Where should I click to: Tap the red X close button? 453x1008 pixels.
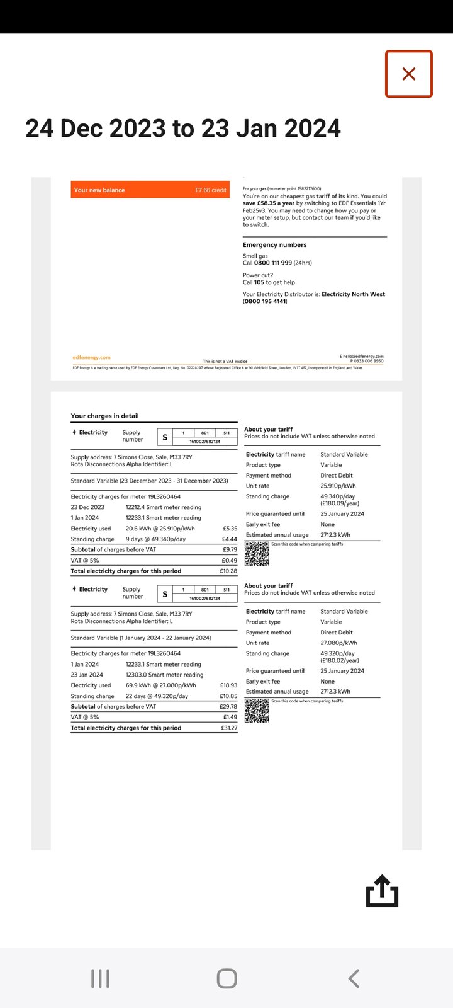[409, 74]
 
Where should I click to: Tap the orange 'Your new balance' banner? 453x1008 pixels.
[150, 190]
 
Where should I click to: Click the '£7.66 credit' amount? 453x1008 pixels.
[211, 190]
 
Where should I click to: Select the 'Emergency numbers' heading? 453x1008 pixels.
[275, 245]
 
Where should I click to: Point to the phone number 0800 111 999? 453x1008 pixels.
[273, 263]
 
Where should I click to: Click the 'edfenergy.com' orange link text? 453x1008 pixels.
[92, 357]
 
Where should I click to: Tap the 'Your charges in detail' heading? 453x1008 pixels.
[104, 416]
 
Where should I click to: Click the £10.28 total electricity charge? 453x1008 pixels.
[228, 571]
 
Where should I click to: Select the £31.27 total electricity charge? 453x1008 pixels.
[228, 728]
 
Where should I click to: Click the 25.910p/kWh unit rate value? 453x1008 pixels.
[338, 486]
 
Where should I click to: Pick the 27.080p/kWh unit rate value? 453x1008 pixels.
[338, 643]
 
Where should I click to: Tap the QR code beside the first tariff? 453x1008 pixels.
[257, 554]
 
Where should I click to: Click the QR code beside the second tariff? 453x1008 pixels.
[257, 711]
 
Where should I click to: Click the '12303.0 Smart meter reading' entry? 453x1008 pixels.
[164, 675]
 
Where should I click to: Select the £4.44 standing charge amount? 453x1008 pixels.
[230, 539]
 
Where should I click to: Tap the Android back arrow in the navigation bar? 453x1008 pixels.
[354, 978]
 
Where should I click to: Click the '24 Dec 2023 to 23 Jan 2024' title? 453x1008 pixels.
[183, 129]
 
